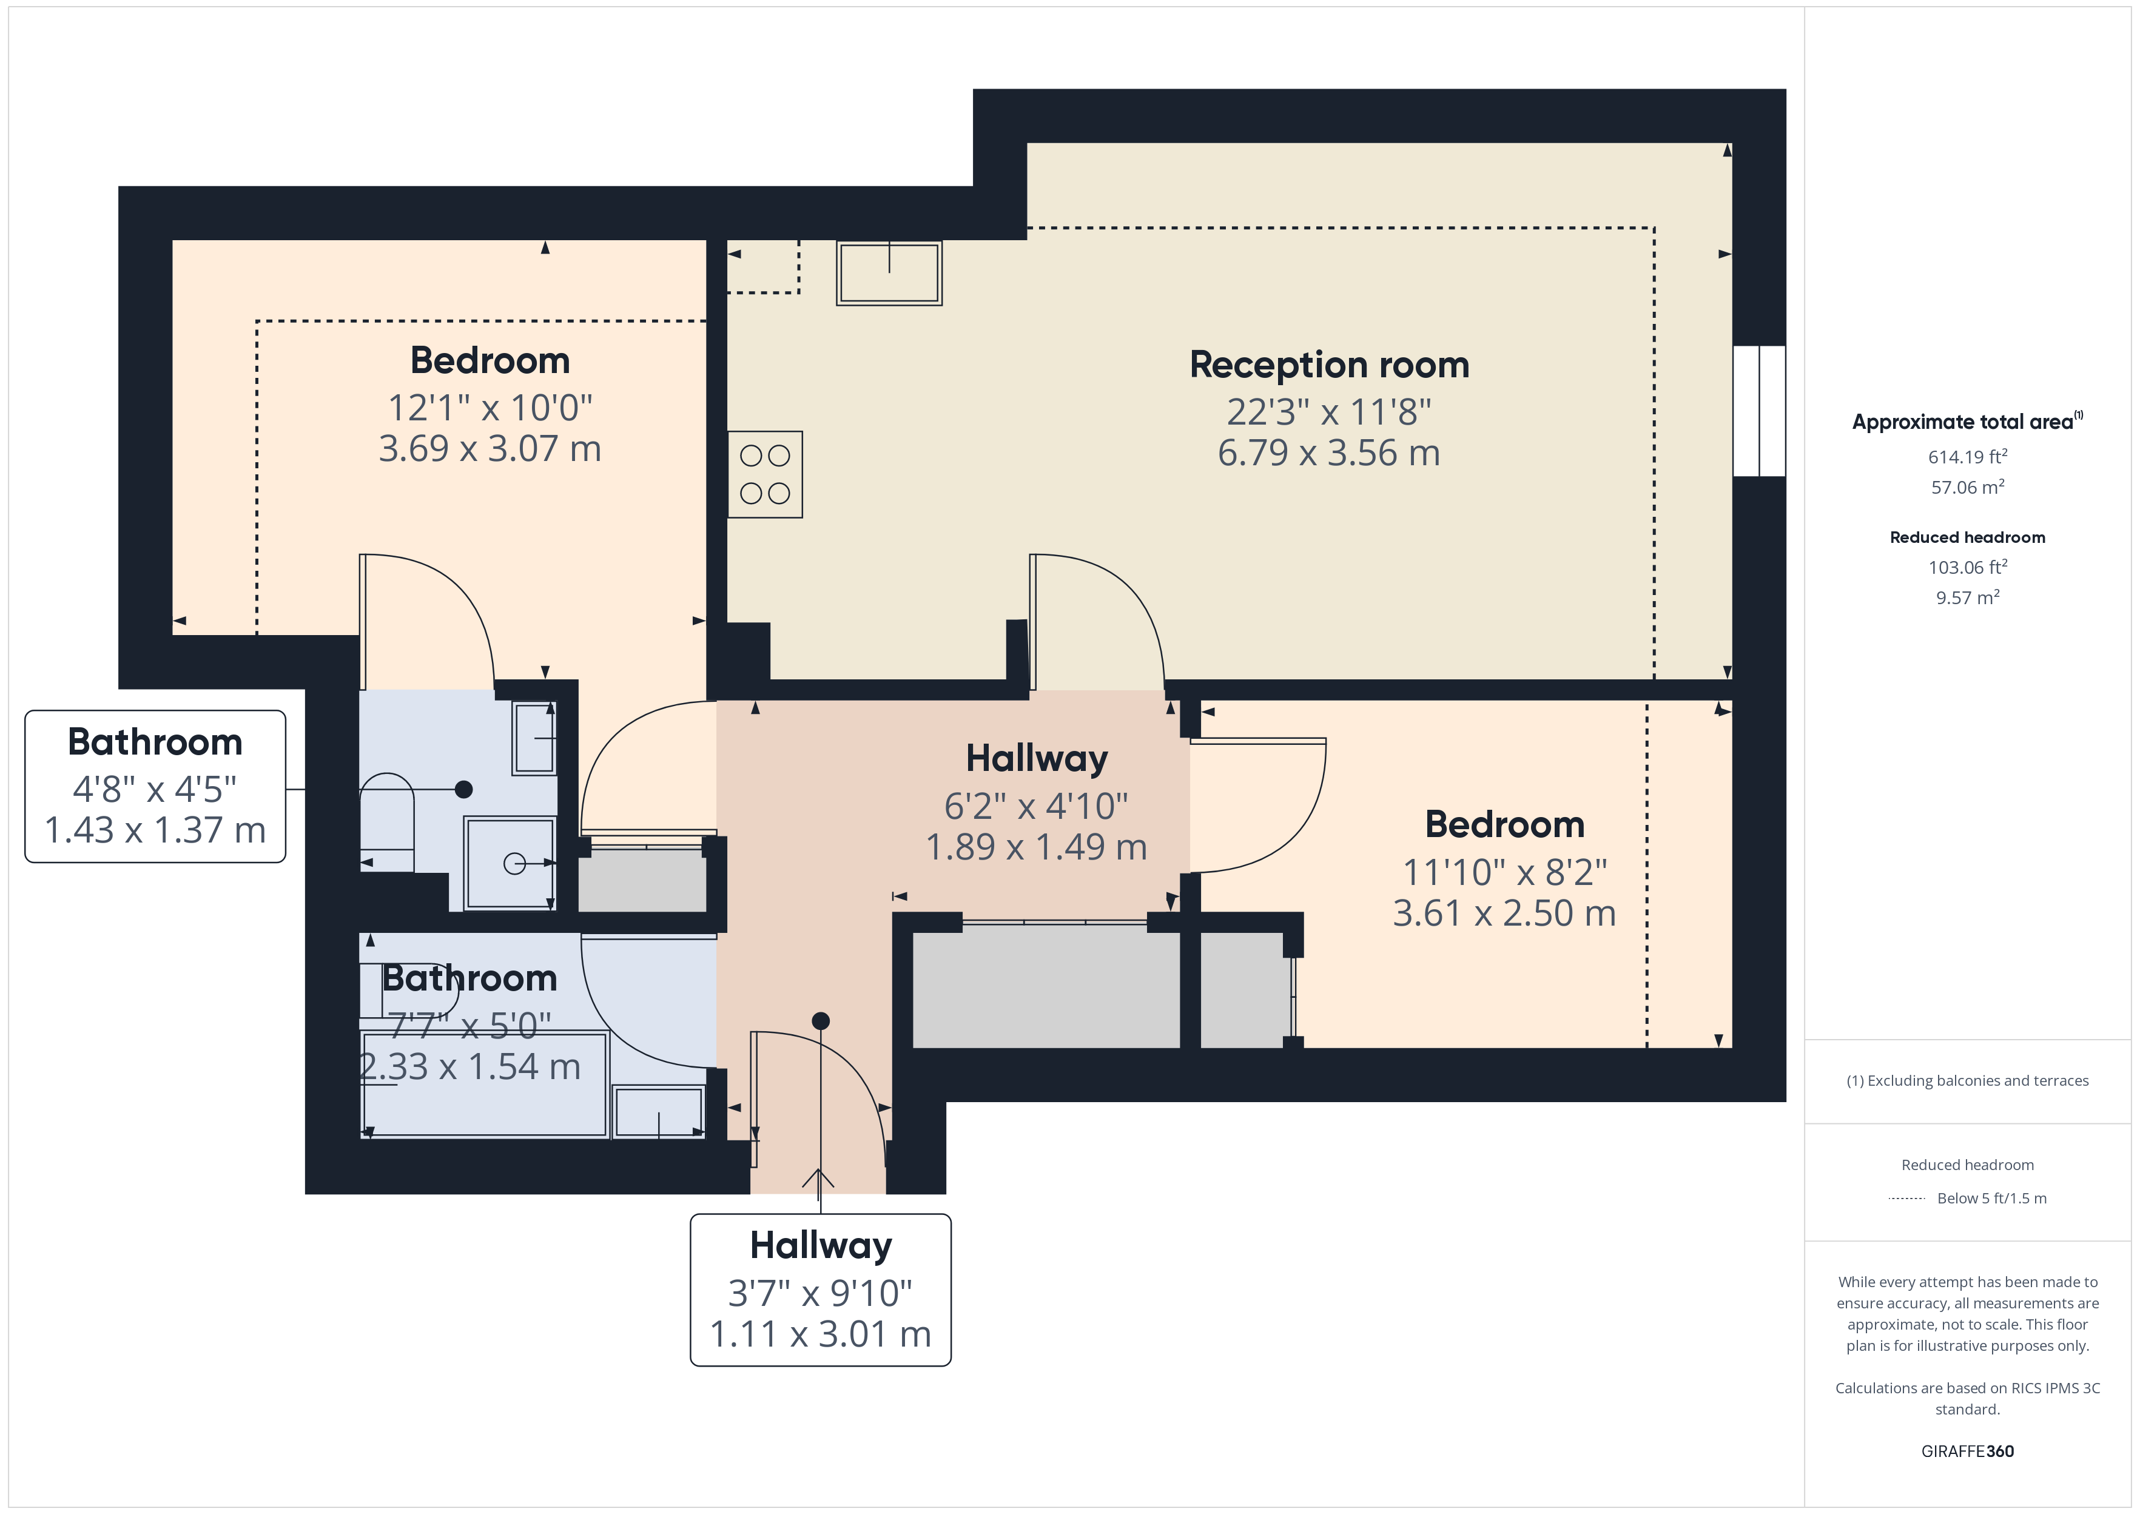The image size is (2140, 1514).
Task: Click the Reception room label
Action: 1328,365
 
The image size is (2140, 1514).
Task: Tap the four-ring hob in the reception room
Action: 765,474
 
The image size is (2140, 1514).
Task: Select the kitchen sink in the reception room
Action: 889,273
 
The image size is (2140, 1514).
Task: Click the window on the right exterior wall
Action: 1759,411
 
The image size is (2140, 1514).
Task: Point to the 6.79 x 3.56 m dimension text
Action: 1328,453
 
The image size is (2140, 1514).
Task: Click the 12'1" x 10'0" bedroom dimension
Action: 490,408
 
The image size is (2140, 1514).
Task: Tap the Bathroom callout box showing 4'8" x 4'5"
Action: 155,786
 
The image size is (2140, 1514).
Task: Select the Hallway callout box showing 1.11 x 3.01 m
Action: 820,1290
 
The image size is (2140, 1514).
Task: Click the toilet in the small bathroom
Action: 387,821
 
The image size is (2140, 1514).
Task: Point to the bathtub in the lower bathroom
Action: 485,1083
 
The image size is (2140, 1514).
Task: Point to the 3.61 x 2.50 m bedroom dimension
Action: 1504,913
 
